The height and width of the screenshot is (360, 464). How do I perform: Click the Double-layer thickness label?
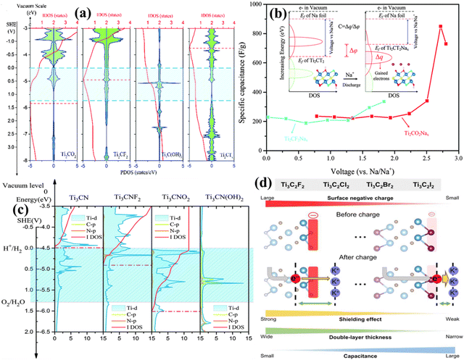click(360, 335)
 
